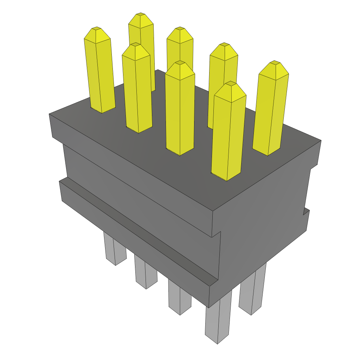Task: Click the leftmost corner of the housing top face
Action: click(x=49, y=114)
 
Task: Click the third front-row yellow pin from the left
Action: click(x=180, y=109)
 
